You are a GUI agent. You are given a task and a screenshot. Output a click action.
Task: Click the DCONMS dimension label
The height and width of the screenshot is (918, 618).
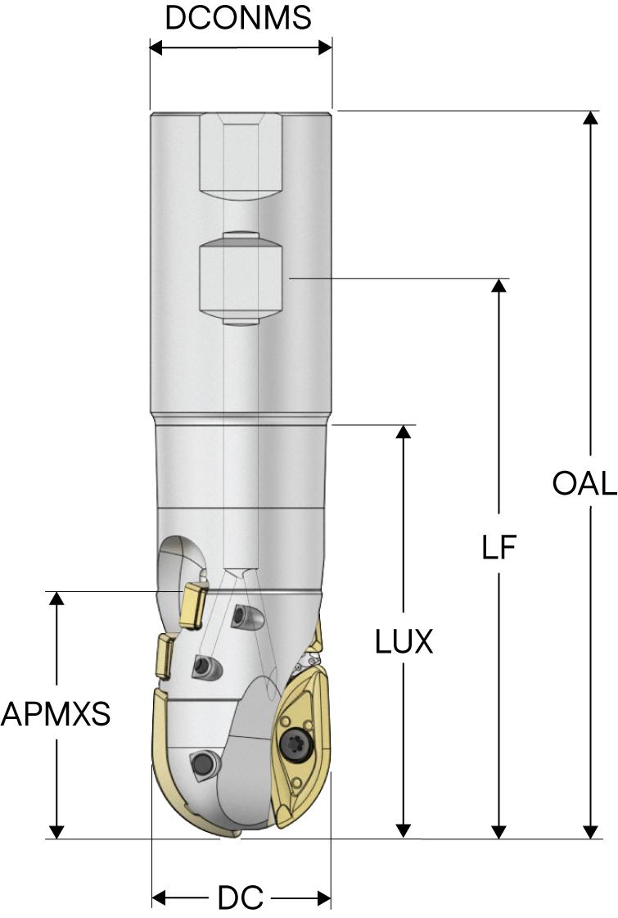pyautogui.click(x=238, y=17)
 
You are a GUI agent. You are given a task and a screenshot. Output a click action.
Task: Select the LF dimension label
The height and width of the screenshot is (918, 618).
pyautogui.click(x=499, y=548)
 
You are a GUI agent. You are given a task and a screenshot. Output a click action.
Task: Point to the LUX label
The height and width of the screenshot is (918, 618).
pyautogui.click(x=404, y=642)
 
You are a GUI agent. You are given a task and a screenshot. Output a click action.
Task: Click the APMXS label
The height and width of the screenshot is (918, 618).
pyautogui.click(x=55, y=715)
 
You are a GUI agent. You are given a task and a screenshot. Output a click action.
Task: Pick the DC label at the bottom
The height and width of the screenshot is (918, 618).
pyautogui.click(x=240, y=898)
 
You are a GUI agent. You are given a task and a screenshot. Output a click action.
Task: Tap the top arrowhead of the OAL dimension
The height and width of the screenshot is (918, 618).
pyautogui.click(x=589, y=118)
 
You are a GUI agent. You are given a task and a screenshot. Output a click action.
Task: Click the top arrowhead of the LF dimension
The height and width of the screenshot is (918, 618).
pyautogui.click(x=498, y=287)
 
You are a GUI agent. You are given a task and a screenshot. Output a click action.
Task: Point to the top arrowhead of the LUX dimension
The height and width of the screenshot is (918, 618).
pyautogui.click(x=403, y=432)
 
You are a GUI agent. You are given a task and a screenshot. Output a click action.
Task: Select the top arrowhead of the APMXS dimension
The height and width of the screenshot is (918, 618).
pyautogui.click(x=56, y=599)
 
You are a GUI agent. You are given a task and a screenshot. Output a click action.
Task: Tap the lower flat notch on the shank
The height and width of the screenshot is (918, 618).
pyautogui.click(x=241, y=278)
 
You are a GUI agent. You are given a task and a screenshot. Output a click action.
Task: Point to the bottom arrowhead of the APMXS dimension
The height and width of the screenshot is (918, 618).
pyautogui.click(x=56, y=831)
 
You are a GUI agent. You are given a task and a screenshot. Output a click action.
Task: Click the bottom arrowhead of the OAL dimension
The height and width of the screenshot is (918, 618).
pyautogui.click(x=589, y=831)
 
